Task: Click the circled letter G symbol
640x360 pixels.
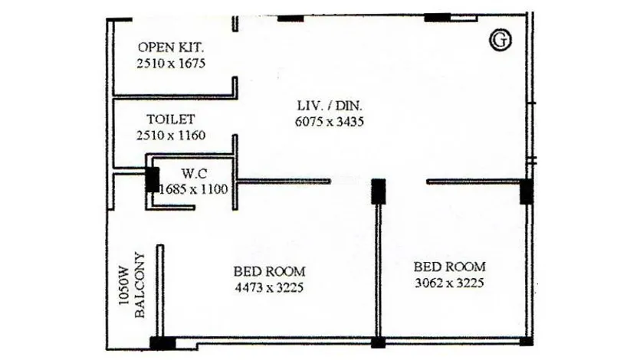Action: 500,40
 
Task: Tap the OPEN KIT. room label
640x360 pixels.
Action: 171,47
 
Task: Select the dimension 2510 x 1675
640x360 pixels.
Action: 171,64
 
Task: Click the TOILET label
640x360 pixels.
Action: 171,119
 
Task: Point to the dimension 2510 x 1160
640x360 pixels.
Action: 171,136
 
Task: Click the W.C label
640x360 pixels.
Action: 194,174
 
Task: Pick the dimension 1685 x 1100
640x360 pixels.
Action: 193,189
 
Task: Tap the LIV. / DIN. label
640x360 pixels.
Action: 330,106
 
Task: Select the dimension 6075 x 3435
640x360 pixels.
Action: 330,122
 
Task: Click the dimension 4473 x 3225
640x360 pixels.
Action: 269,288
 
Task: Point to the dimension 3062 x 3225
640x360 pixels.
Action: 449,283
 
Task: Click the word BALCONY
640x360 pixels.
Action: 139,285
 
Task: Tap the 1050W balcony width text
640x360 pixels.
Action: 123,286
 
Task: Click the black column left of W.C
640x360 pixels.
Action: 153,179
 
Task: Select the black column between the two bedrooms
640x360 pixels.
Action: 379,191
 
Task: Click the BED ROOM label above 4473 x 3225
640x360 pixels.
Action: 269,271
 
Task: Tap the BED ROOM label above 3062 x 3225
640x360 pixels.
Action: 450,267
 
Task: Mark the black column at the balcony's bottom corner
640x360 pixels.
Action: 162,343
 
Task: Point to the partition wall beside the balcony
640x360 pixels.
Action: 160,291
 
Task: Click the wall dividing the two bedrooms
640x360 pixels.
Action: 379,270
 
